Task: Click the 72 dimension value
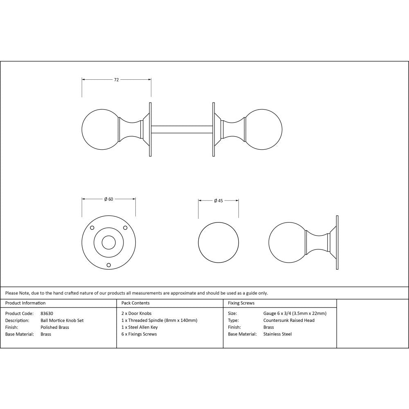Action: pos(116,80)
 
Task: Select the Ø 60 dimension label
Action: pos(108,199)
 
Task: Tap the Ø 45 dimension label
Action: pos(218,201)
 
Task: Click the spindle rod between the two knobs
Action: pos(182,129)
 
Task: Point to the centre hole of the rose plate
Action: pos(108,243)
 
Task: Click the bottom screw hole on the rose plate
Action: pos(108,265)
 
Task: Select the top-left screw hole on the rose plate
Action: pos(92,228)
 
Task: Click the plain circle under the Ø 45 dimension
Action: pos(218,243)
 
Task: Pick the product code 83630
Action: pos(47,313)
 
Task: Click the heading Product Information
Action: pos(25,303)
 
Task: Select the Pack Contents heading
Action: pos(135,303)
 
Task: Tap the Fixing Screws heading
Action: pos(241,303)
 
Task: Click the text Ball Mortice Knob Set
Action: pos(62,320)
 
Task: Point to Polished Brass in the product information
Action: pos(55,327)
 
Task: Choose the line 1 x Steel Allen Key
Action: pos(139,327)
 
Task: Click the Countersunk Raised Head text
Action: pos(289,320)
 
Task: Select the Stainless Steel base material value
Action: pos(277,334)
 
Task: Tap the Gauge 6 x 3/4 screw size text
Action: pos(294,313)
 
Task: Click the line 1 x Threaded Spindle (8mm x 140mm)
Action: pos(159,320)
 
